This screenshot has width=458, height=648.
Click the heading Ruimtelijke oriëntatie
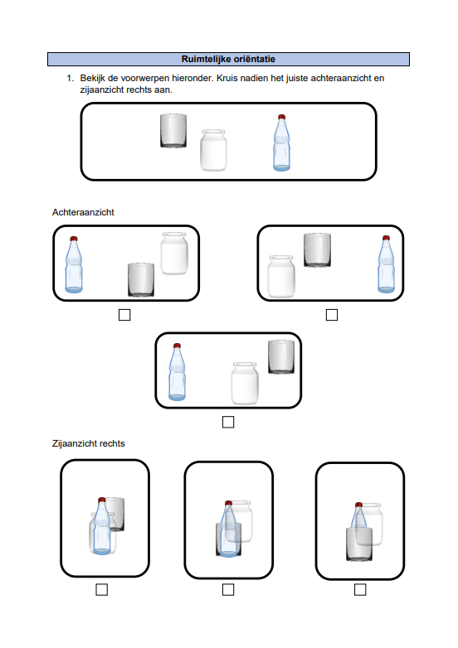(x=228, y=59)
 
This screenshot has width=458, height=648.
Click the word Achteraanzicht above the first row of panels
(x=83, y=212)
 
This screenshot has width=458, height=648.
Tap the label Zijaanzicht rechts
(x=89, y=443)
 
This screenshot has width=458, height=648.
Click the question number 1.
(x=70, y=78)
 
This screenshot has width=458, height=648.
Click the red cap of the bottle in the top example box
(x=282, y=117)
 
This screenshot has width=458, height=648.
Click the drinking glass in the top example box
(x=173, y=131)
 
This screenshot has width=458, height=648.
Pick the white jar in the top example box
(x=213, y=150)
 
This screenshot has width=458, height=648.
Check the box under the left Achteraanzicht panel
(x=124, y=315)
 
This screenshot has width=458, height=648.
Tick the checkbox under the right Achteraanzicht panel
(x=332, y=315)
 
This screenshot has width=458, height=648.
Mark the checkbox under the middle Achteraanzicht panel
(x=228, y=422)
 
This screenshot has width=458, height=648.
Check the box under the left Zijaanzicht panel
(x=102, y=590)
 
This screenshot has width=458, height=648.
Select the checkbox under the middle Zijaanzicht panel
(x=228, y=590)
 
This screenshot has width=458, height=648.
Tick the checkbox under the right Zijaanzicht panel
(x=360, y=590)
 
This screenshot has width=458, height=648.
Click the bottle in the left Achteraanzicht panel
(x=74, y=264)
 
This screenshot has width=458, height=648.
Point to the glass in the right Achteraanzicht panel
(x=317, y=250)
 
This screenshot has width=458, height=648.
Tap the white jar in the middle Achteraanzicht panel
(x=245, y=384)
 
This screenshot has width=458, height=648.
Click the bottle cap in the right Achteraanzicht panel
(x=386, y=238)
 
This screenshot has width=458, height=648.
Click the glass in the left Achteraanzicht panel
(x=141, y=280)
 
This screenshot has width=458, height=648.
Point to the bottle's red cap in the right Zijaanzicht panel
(x=358, y=505)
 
